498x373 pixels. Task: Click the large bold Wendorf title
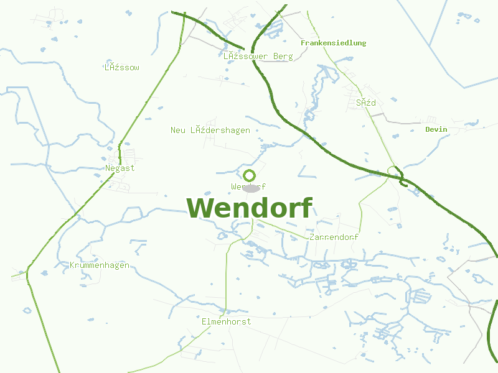pos(249,208)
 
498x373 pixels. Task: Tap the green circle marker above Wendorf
pos(250,175)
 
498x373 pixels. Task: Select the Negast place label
pos(120,168)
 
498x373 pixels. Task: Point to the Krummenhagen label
pos(100,265)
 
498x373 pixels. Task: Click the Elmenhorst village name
pos(227,321)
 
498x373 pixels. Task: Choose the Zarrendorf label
pos(334,237)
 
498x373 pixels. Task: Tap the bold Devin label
pos(436,129)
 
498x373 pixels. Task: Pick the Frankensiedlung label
pos(333,43)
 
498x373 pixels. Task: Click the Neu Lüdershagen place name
pos(210,130)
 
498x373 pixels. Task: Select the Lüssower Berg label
pos(258,56)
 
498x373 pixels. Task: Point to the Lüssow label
pos(122,67)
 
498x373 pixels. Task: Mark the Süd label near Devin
pos(366,103)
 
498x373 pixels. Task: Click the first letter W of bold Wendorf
pos(201,208)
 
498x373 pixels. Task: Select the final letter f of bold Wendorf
pos(305,206)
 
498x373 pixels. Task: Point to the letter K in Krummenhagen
pos(72,265)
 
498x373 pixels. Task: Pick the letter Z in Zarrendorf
pos(311,237)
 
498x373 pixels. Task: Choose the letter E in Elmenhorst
pos(204,321)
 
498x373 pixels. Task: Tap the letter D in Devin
pos(428,129)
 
